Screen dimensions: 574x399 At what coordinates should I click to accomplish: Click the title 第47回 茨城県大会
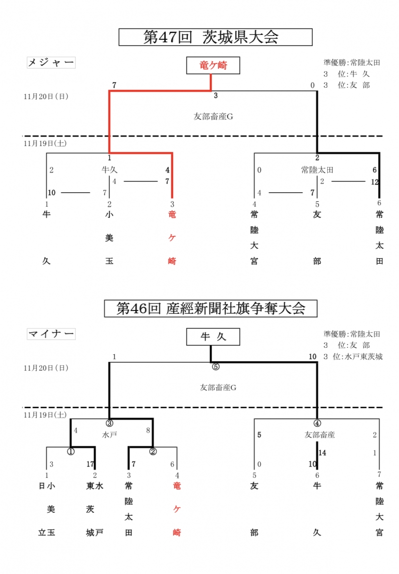click(215, 37)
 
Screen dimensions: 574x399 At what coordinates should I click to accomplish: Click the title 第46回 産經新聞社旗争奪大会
click(210, 308)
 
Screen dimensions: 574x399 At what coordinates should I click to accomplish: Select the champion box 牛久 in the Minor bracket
click(213, 337)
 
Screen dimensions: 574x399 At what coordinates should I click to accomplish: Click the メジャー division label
click(50, 62)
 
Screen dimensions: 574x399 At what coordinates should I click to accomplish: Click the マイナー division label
click(50, 334)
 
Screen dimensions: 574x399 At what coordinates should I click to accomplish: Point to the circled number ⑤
click(216, 366)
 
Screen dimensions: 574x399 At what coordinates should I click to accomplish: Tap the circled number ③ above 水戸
click(109, 423)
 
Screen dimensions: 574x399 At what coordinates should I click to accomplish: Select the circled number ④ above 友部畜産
click(317, 423)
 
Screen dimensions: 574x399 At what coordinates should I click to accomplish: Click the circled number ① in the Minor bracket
click(71, 451)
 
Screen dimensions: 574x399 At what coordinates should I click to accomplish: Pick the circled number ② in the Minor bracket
click(153, 451)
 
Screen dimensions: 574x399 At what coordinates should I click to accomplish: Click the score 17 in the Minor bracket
click(90, 464)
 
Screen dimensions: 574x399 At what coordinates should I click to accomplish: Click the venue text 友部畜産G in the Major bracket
click(213, 117)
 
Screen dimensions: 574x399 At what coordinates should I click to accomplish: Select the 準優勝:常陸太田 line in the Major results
click(352, 63)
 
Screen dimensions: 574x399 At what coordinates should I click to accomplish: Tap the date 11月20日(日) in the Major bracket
click(46, 97)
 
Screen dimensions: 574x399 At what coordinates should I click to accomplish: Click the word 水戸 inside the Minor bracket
click(109, 434)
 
